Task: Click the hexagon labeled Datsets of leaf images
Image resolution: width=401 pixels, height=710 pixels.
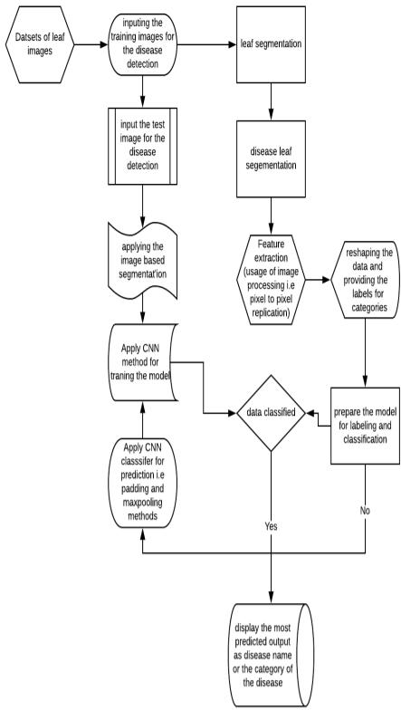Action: [x=40, y=44]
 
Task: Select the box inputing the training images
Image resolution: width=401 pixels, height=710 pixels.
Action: [x=143, y=44]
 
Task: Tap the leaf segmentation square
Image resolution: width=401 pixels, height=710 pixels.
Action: [x=271, y=44]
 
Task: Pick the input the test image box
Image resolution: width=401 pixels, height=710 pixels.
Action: [x=143, y=147]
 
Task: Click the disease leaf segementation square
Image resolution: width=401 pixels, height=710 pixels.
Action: [x=271, y=159]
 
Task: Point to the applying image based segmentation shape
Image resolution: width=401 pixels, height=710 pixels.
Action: [x=143, y=261]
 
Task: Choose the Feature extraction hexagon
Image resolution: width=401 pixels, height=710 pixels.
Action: [x=271, y=279]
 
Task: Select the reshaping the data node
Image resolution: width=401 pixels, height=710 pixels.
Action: [x=366, y=279]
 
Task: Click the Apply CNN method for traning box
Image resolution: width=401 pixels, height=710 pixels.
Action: [x=143, y=362]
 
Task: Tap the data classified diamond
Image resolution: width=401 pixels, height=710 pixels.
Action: [x=271, y=413]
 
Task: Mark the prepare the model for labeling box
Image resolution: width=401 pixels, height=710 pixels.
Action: [x=366, y=426]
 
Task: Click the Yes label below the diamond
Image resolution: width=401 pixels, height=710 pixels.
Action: [x=271, y=527]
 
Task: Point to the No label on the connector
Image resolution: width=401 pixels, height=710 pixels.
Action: [x=365, y=511]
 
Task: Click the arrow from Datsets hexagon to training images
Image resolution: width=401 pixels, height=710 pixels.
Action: [x=91, y=44]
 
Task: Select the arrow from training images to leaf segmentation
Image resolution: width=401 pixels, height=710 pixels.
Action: [x=206, y=44]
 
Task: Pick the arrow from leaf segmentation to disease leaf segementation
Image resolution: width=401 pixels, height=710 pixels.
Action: [x=271, y=101]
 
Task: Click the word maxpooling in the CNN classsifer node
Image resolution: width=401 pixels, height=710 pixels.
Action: [x=142, y=504]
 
